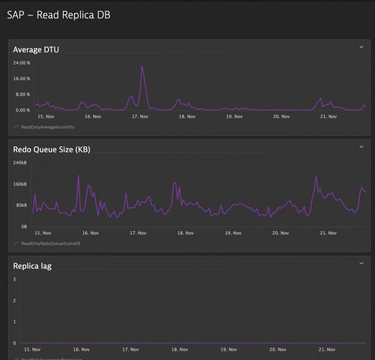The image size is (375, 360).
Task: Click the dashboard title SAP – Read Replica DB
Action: click(x=59, y=15)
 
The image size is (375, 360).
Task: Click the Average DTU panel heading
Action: click(x=36, y=49)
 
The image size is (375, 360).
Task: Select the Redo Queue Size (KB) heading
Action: click(x=51, y=149)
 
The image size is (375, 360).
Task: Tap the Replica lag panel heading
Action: click(x=32, y=266)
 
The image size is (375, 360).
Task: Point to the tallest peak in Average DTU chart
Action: click(x=142, y=66)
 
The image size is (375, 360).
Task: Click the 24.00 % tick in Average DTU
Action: click(x=21, y=63)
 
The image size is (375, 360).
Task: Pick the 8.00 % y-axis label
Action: click(x=22, y=94)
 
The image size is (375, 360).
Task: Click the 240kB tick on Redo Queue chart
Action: click(x=20, y=163)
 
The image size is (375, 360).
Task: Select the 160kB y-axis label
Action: click(x=20, y=184)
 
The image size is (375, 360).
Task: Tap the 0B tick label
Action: click(x=23, y=227)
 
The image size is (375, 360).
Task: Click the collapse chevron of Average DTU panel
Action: click(x=361, y=47)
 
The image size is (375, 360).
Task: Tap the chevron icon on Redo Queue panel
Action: click(x=361, y=147)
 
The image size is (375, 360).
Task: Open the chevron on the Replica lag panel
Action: click(x=361, y=263)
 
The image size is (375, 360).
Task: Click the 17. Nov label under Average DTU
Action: click(x=140, y=117)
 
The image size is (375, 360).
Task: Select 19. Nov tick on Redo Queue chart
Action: click(x=233, y=233)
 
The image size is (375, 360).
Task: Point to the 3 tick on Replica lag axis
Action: click(x=15, y=279)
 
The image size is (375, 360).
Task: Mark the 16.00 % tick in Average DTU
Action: click(x=21, y=79)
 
